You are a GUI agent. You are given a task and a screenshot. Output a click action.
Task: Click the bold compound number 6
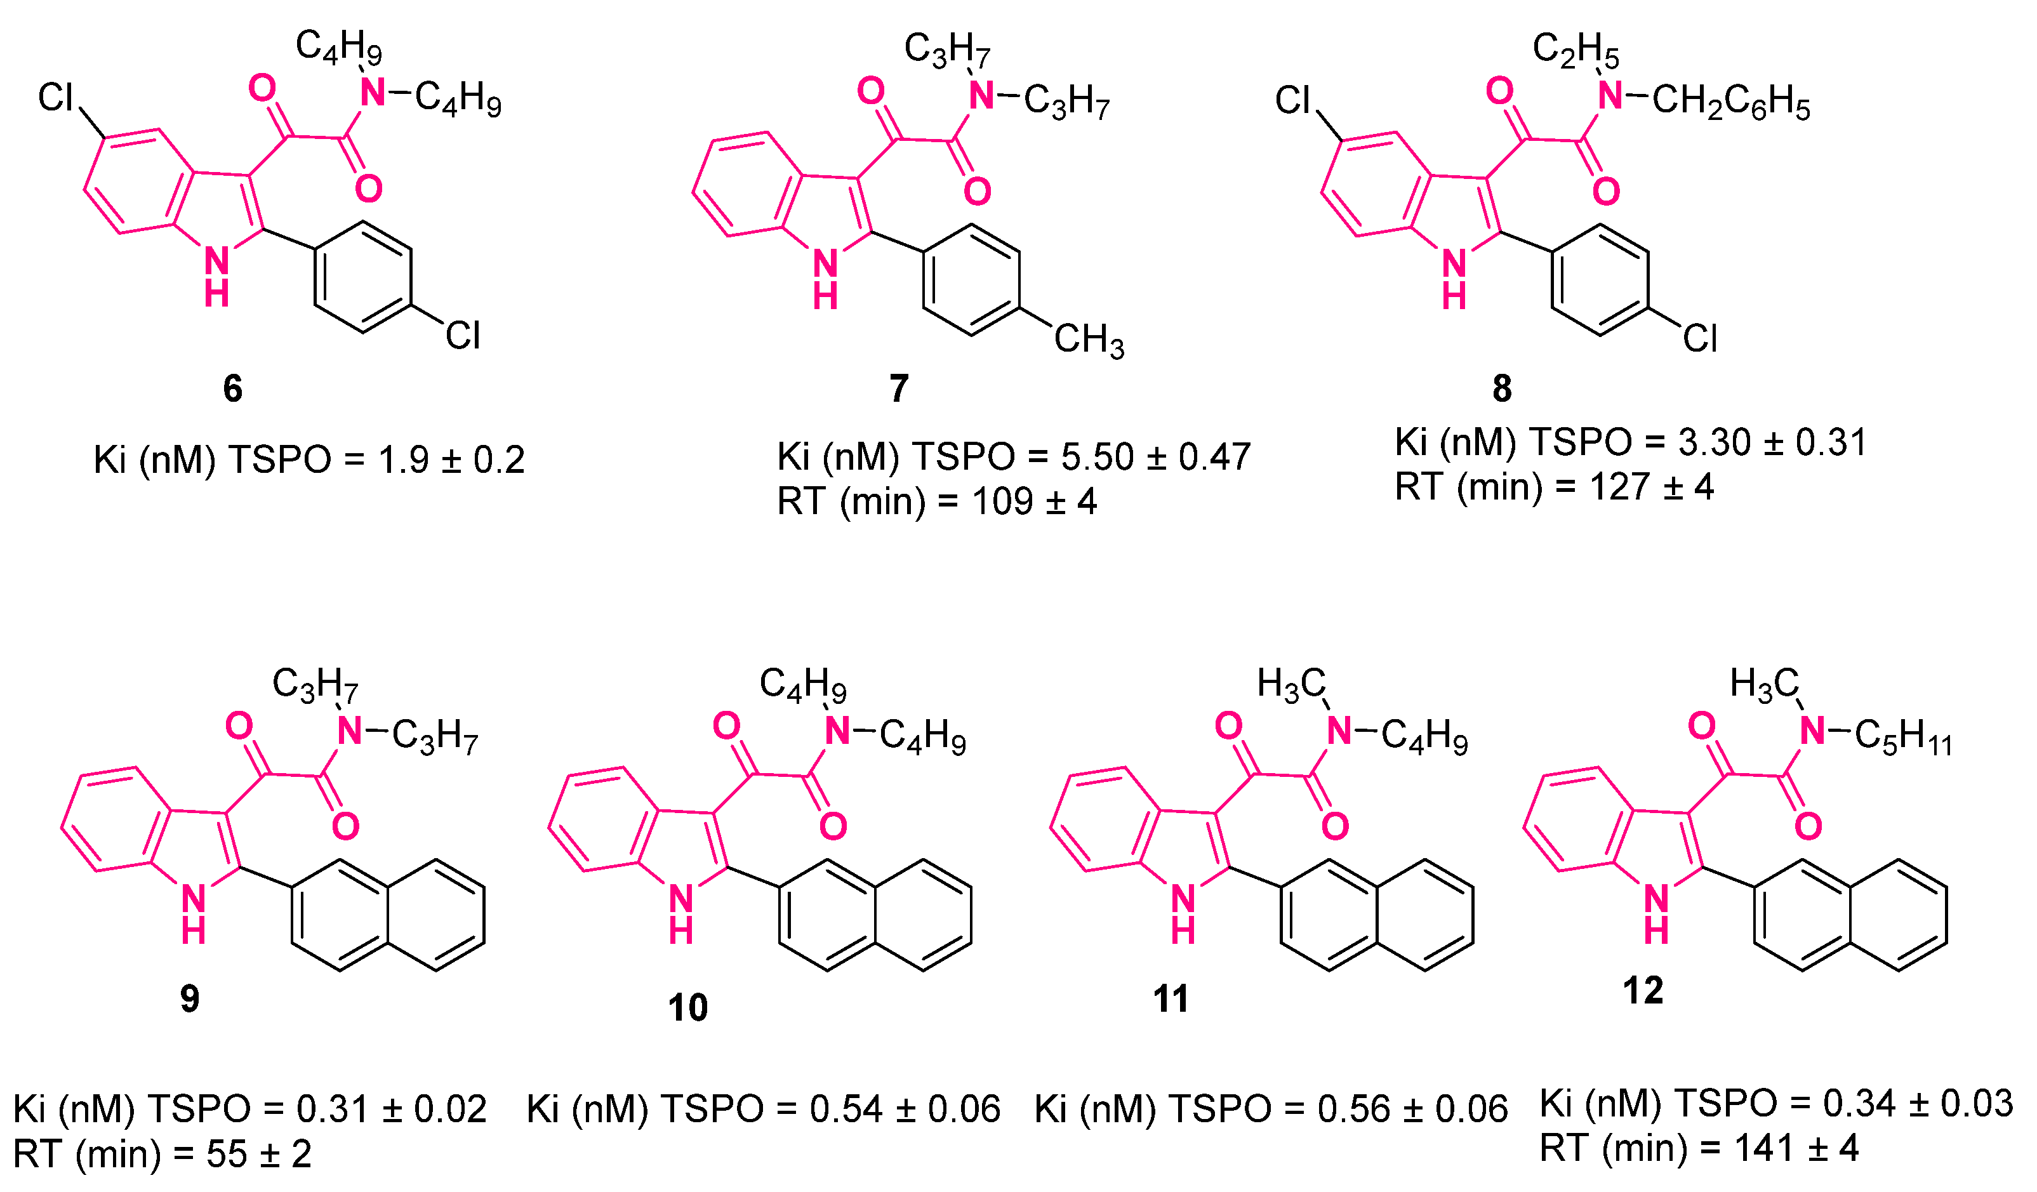[x=233, y=388]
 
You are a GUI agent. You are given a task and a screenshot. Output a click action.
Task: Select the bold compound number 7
[x=899, y=388]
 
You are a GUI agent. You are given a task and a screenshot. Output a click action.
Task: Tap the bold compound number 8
[x=1502, y=388]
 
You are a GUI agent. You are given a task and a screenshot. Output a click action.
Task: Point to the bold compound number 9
[x=190, y=999]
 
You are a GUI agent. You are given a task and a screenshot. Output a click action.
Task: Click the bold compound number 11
[x=1171, y=999]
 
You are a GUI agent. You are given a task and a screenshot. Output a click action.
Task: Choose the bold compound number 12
[x=1643, y=991]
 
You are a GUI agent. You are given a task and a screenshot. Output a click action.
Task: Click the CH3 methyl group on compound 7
[x=1088, y=340]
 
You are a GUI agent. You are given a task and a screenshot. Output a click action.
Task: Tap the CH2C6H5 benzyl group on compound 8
[x=1730, y=103]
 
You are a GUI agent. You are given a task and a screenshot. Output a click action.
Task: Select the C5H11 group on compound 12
[x=1903, y=738]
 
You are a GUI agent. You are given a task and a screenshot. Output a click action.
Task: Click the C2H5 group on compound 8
[x=1576, y=50]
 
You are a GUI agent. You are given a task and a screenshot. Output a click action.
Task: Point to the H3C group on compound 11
[x=1291, y=684]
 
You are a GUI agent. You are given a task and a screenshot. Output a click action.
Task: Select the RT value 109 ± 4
[x=1034, y=502]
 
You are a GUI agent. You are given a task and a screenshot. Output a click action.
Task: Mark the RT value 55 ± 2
[x=258, y=1155]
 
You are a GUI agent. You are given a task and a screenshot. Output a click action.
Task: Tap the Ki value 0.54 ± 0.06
[x=905, y=1109]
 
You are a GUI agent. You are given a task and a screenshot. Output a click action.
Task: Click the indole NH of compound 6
[x=216, y=275]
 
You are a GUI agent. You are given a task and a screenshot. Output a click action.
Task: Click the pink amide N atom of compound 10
[x=839, y=731]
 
